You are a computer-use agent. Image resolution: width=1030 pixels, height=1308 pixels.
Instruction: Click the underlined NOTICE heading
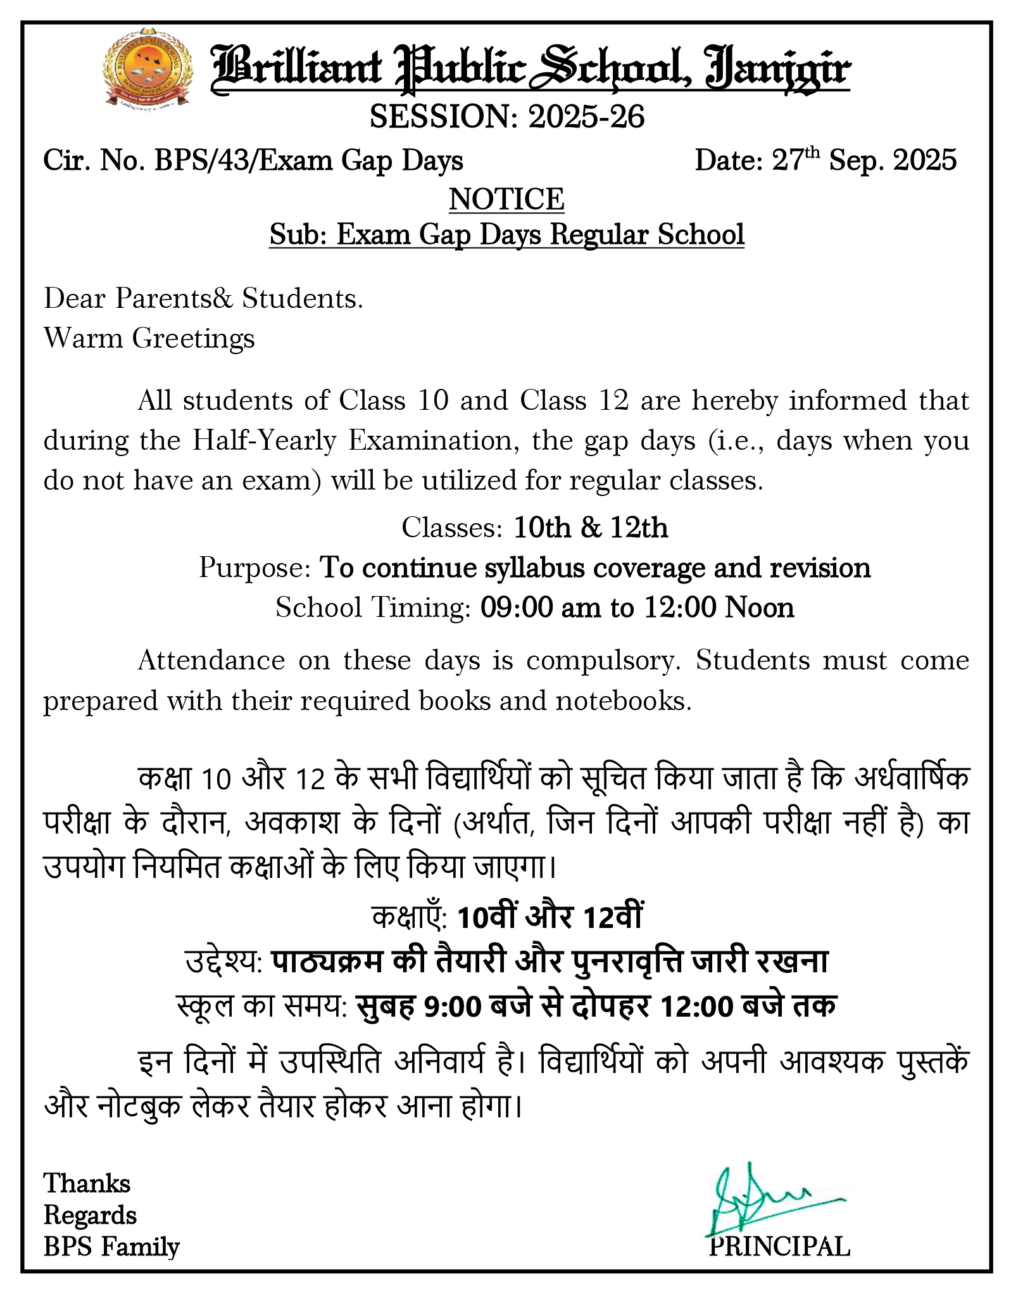click(x=506, y=199)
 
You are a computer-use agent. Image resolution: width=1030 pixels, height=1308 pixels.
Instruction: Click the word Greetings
click(x=194, y=339)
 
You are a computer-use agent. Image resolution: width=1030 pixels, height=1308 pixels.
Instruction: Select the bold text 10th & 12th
click(x=591, y=528)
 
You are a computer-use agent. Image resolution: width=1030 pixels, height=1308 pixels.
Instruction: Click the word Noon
click(x=760, y=607)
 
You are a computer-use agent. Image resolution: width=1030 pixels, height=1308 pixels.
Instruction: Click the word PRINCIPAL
click(x=779, y=1247)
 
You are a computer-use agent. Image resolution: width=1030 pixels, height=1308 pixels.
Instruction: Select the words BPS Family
click(x=111, y=1247)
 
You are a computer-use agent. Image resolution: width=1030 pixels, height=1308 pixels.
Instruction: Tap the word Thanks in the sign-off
click(x=87, y=1183)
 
